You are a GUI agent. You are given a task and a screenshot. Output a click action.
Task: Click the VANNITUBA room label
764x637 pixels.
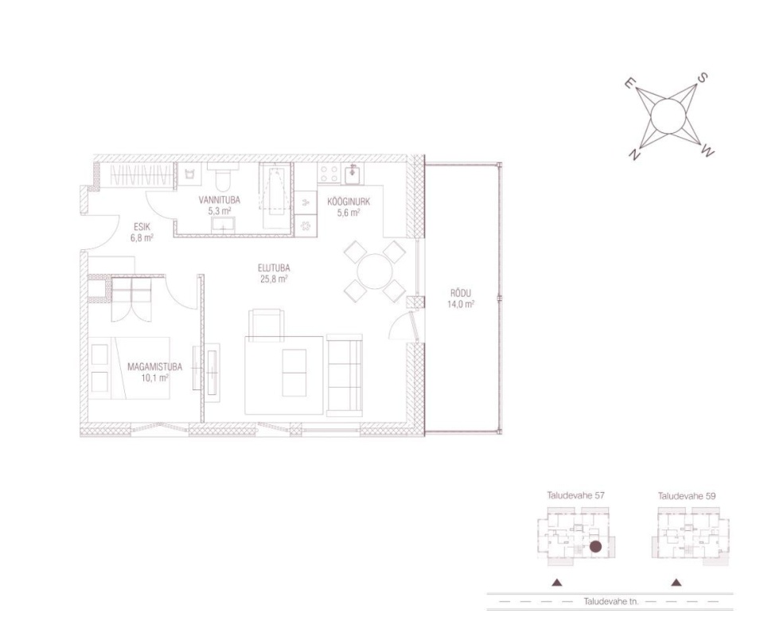click(220, 200)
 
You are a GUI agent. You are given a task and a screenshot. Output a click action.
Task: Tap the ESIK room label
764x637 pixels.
click(142, 227)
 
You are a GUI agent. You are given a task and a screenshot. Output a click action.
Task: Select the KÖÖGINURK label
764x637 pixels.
click(349, 201)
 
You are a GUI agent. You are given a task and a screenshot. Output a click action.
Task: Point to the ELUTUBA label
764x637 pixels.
click(274, 268)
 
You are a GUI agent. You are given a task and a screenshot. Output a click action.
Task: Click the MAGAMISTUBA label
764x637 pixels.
click(154, 366)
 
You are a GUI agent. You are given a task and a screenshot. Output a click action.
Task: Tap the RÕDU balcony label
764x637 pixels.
click(461, 293)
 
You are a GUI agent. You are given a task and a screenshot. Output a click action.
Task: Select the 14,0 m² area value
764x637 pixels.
click(461, 305)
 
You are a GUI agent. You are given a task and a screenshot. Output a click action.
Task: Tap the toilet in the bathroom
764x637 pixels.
click(224, 177)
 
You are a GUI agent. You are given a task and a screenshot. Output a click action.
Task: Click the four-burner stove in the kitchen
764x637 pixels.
click(329, 174)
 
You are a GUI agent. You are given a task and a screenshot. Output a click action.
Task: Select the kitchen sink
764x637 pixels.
click(353, 174)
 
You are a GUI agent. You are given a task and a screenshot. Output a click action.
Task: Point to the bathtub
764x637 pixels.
click(276, 195)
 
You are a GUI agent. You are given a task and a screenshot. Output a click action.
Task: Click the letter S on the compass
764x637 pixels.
click(703, 78)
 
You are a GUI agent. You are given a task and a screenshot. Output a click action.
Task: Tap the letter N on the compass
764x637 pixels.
click(634, 154)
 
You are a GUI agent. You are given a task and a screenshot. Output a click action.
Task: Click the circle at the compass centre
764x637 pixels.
click(668, 115)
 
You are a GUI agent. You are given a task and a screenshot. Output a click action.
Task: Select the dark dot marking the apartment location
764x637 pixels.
click(595, 547)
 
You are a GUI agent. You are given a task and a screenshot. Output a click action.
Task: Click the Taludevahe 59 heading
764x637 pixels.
click(687, 496)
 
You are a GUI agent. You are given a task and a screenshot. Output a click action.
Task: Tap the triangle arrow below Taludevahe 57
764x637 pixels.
click(557, 582)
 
